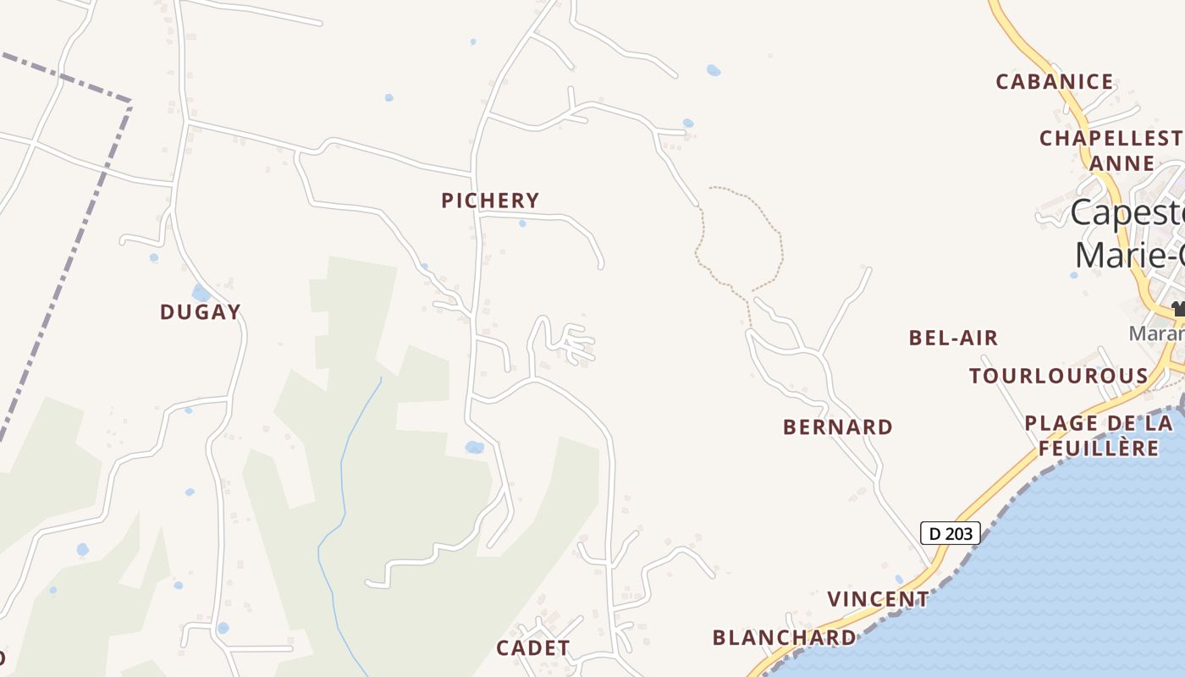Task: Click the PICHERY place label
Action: (490, 201)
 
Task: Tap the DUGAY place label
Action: (201, 312)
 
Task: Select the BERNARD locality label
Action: (838, 427)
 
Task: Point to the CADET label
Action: (533, 648)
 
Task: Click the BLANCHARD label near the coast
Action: (785, 637)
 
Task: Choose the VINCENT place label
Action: (878, 599)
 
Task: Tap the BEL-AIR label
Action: (953, 338)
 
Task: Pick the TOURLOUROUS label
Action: (1059, 377)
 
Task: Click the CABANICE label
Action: (1055, 82)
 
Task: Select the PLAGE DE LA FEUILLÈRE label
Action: (1099, 435)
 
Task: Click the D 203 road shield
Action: (951, 533)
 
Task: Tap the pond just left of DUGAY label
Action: (201, 293)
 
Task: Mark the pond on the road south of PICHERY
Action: (474, 447)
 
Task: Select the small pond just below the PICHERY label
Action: (522, 223)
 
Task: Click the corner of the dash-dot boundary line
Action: (130, 102)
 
